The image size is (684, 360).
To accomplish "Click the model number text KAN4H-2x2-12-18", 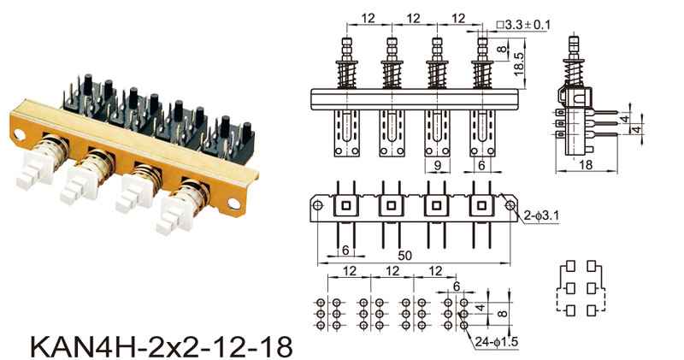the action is click(x=162, y=346).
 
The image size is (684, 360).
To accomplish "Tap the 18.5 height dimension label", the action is click(x=518, y=64).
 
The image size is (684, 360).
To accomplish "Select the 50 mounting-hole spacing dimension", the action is click(x=404, y=256).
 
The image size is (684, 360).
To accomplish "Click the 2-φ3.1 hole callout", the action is click(x=542, y=215).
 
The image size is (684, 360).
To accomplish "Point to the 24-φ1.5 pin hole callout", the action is click(x=497, y=342).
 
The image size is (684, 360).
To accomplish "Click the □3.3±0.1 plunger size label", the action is click(x=523, y=25).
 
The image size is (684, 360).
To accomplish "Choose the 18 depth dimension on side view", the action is click(x=586, y=164).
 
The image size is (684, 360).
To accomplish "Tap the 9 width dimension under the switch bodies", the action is click(x=438, y=164).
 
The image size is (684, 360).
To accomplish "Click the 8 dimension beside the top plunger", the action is click(x=503, y=49).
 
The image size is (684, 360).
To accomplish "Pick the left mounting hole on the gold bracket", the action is click(x=19, y=135).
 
